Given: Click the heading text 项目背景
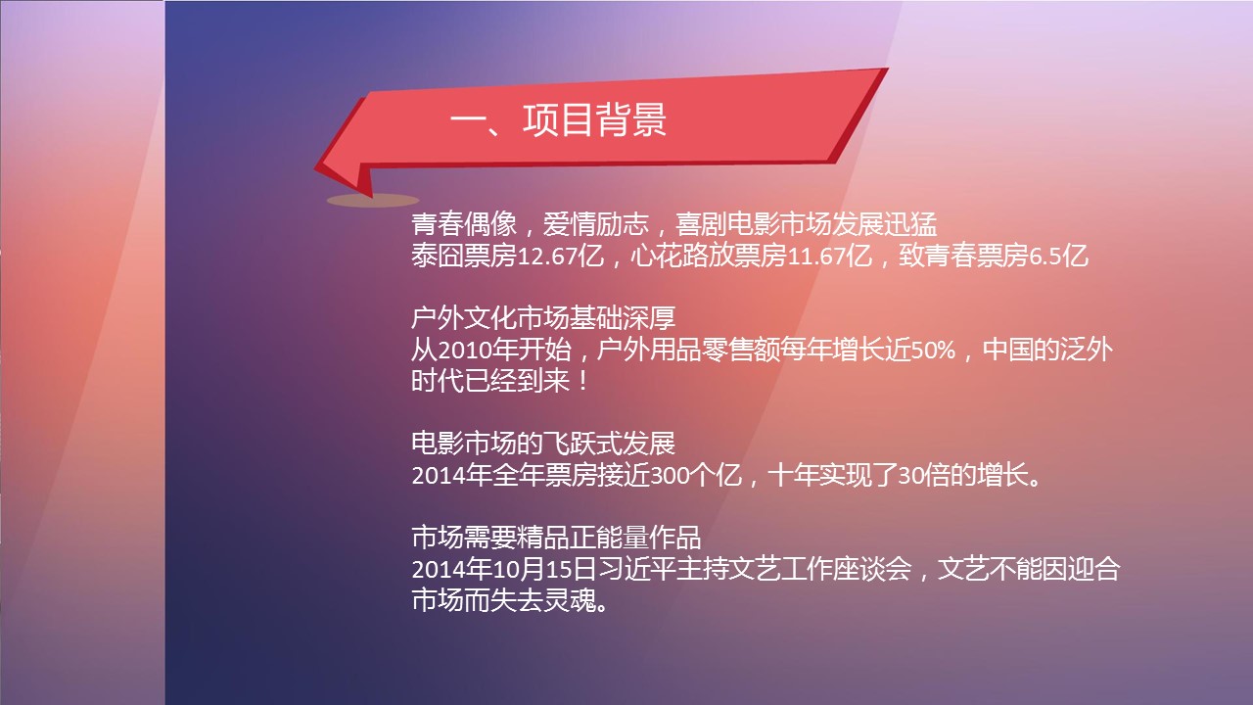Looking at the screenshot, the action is tap(594, 119).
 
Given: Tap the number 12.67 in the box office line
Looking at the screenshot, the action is tap(547, 257).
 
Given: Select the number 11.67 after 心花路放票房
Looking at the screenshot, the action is tap(816, 257).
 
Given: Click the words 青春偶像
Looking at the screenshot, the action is tap(464, 224).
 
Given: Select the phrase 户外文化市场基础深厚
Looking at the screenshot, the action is tap(543, 318).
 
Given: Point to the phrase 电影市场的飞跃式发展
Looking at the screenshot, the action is tap(543, 444).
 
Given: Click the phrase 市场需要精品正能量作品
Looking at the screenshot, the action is tap(556, 538).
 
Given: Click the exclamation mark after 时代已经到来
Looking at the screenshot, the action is tap(583, 382).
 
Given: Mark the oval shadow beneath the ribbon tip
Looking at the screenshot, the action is tap(373, 201).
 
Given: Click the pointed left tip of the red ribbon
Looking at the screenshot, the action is tap(315, 167).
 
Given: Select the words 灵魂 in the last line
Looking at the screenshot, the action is tap(570, 601).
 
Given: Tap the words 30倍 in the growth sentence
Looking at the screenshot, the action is tap(923, 476).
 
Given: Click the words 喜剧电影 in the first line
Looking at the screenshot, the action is tap(726, 224).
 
